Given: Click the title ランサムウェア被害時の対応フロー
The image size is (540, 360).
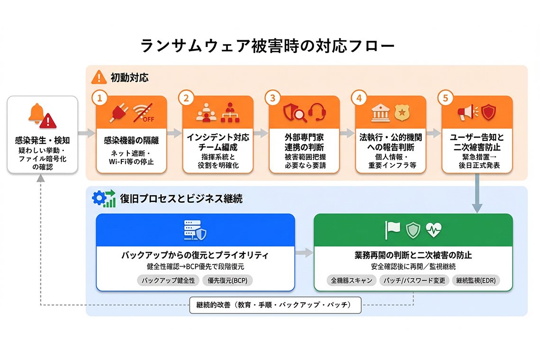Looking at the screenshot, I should point(267,46).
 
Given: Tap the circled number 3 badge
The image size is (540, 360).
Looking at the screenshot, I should point(272,98).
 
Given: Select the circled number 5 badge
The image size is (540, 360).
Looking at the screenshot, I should point(445,98).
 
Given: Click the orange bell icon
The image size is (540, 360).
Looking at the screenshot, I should point(36,113).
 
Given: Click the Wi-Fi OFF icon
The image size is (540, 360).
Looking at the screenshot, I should point(144,113).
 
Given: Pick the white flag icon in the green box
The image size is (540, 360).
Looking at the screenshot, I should point(393,230).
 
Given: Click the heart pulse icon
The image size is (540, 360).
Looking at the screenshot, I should point(433,230).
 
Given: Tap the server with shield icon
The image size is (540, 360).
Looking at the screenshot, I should point(195,230).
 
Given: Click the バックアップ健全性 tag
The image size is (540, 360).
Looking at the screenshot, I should point(169,280).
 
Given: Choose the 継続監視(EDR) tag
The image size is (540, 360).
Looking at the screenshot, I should point(476,280).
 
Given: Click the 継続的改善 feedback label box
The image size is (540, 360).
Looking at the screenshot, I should point(275,305).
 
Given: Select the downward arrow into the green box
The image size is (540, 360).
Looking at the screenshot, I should point(477,199).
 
